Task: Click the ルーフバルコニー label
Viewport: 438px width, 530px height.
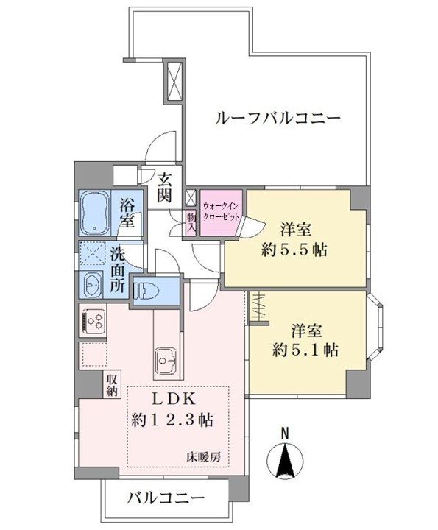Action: [278, 119]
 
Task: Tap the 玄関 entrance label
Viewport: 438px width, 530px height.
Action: [164, 187]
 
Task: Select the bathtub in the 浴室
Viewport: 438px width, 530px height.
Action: [95, 213]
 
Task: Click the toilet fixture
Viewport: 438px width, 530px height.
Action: [146, 290]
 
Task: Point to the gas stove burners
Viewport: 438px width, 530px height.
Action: [92, 320]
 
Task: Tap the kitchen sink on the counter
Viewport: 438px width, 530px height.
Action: [166, 360]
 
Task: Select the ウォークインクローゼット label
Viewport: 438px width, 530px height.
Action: [221, 211]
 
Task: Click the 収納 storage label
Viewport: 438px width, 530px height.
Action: [112, 386]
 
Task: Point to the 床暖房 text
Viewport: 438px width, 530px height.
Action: [204, 457]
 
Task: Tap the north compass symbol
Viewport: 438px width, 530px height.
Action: [285, 459]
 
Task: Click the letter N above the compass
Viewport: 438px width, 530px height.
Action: [285, 434]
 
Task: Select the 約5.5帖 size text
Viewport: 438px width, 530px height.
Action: [294, 250]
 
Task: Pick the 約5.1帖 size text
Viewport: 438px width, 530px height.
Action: [305, 350]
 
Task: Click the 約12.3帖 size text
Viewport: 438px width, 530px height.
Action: [172, 420]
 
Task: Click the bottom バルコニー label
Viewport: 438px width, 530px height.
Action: [166, 498]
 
